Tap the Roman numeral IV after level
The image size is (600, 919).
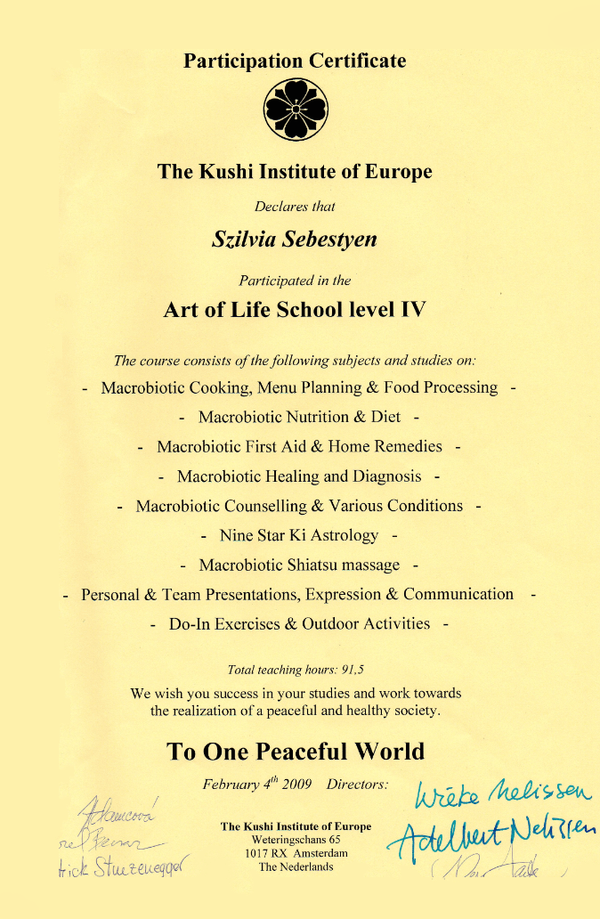coord(412,310)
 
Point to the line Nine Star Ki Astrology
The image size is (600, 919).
coord(299,536)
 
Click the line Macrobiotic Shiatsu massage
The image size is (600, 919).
coord(299,565)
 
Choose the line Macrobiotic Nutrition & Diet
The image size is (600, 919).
coord(299,417)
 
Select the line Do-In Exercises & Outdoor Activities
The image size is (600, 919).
coord(299,623)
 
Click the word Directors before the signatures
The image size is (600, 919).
coord(358,785)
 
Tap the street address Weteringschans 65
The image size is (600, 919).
coord(296,840)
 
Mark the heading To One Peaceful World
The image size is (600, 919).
coord(296,751)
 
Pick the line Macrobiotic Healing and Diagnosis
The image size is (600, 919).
coord(299,476)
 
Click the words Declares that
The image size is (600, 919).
coord(295,207)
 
